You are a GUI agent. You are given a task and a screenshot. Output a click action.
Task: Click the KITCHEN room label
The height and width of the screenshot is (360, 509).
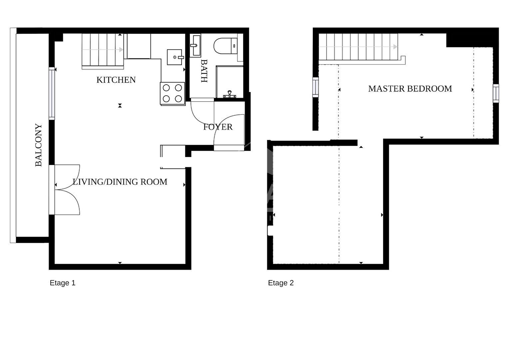116,80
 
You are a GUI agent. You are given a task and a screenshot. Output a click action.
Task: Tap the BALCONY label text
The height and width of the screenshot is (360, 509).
39,145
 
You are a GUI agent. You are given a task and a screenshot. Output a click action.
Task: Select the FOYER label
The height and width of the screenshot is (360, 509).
218,127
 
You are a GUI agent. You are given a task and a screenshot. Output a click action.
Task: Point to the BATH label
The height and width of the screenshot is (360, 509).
204,71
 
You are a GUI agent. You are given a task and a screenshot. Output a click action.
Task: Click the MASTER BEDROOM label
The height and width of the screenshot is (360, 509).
410,89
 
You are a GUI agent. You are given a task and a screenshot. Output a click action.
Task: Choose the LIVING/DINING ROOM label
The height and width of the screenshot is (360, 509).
120,182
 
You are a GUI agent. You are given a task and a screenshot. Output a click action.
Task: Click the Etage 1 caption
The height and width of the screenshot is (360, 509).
63,283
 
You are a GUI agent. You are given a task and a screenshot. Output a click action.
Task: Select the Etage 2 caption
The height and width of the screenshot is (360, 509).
281,283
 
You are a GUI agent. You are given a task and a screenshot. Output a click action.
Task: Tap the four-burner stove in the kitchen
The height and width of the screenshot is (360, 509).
173,93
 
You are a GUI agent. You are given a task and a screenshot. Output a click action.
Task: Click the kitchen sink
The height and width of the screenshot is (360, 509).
175,57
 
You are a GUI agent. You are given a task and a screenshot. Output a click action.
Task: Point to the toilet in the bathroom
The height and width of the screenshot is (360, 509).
226,46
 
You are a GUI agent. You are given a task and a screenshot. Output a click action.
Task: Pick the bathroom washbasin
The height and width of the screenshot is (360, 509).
195,45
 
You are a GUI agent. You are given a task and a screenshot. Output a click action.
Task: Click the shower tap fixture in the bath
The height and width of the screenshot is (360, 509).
230,94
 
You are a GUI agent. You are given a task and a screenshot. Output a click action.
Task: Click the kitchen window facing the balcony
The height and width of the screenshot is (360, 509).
52,93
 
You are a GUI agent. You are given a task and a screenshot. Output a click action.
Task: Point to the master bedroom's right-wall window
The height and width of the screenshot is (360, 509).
496,93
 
